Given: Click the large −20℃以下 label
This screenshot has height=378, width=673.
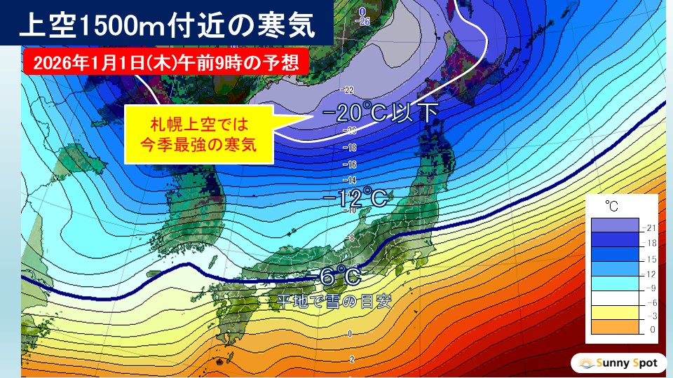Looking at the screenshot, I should pos(380,113).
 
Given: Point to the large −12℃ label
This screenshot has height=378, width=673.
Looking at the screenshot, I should pos(356,199).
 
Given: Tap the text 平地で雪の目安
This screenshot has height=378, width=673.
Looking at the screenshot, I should pos(332,302).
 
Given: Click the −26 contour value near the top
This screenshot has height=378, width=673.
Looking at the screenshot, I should pos(362,21).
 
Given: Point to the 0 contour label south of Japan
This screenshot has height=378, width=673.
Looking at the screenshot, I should pos(350,335).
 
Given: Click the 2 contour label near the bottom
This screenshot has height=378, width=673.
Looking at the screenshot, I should pos(350,358).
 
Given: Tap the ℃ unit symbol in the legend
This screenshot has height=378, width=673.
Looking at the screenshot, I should pos(612,206).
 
